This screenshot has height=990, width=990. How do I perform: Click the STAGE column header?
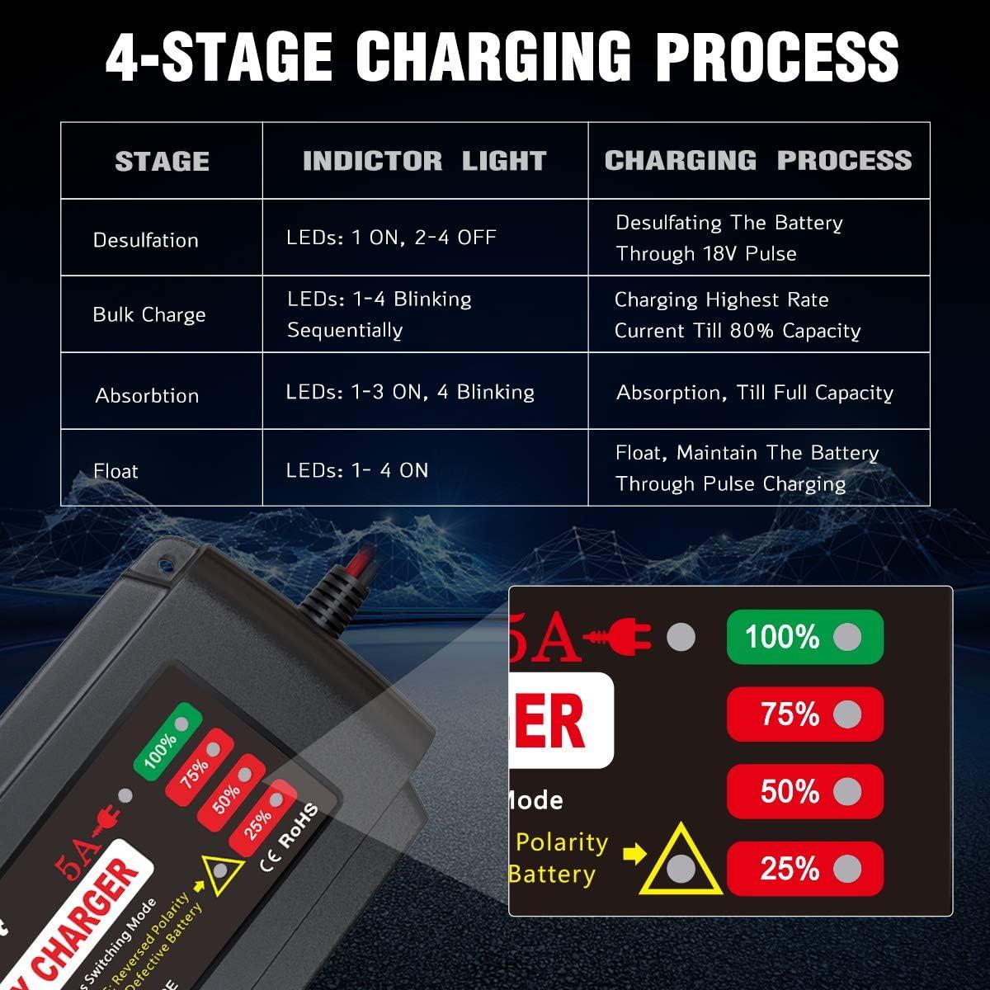(162, 161)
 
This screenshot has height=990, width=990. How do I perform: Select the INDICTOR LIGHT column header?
(424, 161)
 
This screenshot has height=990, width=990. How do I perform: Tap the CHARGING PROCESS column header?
(758, 160)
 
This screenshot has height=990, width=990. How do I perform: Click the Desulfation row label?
(146, 240)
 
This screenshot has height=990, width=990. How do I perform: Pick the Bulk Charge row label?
(149, 314)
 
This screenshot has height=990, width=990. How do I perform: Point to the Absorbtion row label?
(147, 395)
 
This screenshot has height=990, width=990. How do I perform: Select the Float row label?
(116, 471)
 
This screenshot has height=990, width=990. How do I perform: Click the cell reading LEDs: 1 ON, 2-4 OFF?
(391, 238)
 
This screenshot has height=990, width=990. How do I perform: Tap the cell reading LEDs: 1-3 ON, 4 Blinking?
(410, 392)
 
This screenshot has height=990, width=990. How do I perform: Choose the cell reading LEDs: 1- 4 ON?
(357, 470)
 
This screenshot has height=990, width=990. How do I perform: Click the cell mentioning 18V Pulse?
(729, 238)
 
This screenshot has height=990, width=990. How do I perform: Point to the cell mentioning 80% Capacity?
(737, 315)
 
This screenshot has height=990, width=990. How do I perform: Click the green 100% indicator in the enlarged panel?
(804, 636)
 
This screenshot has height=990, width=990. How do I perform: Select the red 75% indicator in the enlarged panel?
(804, 714)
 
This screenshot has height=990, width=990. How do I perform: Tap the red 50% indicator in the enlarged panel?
(804, 791)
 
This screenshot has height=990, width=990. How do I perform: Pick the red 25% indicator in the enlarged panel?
(804, 868)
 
